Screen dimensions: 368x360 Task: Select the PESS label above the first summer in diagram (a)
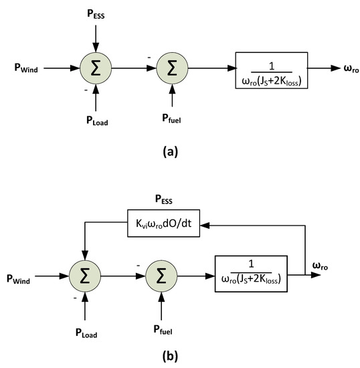coord(96,13)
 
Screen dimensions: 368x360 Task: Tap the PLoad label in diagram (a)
coord(96,122)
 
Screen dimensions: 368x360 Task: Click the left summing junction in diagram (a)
coord(96,68)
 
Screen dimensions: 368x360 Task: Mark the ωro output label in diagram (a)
coord(343,68)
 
